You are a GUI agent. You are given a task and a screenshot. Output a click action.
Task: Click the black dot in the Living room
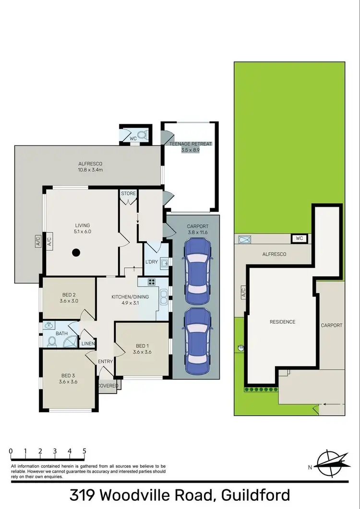pos(76,252)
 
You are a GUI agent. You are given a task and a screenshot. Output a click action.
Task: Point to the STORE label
pos(128,194)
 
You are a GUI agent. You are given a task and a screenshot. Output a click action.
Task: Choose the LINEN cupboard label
pos(88,343)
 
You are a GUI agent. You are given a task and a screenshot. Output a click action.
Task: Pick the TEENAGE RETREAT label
pos(190,143)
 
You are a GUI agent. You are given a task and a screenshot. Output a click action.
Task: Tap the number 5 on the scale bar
pos(84,451)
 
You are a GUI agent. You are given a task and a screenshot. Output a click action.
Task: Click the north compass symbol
pos(331,464)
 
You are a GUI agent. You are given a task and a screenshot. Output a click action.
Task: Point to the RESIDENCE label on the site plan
pos(282,322)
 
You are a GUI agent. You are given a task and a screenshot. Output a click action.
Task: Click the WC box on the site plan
pos(299,238)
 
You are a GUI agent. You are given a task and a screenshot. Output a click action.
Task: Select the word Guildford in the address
pos(249,495)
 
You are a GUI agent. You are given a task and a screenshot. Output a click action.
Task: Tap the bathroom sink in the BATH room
pos(48,325)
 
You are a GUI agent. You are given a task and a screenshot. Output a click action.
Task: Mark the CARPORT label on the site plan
pos(331,325)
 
